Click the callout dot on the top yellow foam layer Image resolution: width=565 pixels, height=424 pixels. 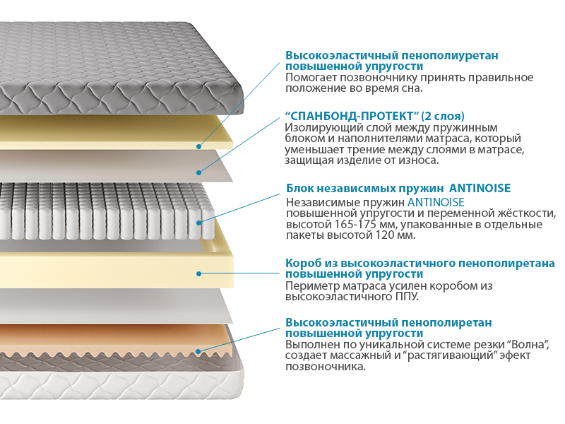pyautogui.click(x=198, y=146)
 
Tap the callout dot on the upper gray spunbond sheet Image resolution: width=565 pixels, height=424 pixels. pyautogui.click(x=198, y=172)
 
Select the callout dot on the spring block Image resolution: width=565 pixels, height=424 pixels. pyautogui.click(x=198, y=223)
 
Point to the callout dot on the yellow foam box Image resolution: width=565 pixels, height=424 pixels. pyautogui.click(x=198, y=273)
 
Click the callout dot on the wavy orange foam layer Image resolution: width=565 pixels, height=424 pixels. pyautogui.click(x=198, y=351)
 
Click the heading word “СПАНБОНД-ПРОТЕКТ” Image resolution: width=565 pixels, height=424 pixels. pyautogui.click(x=351, y=116)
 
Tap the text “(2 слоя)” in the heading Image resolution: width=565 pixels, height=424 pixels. pyautogui.click(x=443, y=116)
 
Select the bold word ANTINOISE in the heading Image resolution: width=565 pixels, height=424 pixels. pyautogui.click(x=480, y=188)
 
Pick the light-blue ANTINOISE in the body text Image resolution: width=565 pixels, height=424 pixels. pyautogui.click(x=436, y=202)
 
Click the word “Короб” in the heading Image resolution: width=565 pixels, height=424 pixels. pyautogui.click(x=302, y=264)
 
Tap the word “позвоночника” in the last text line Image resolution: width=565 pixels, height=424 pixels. pyautogui.click(x=325, y=367)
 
